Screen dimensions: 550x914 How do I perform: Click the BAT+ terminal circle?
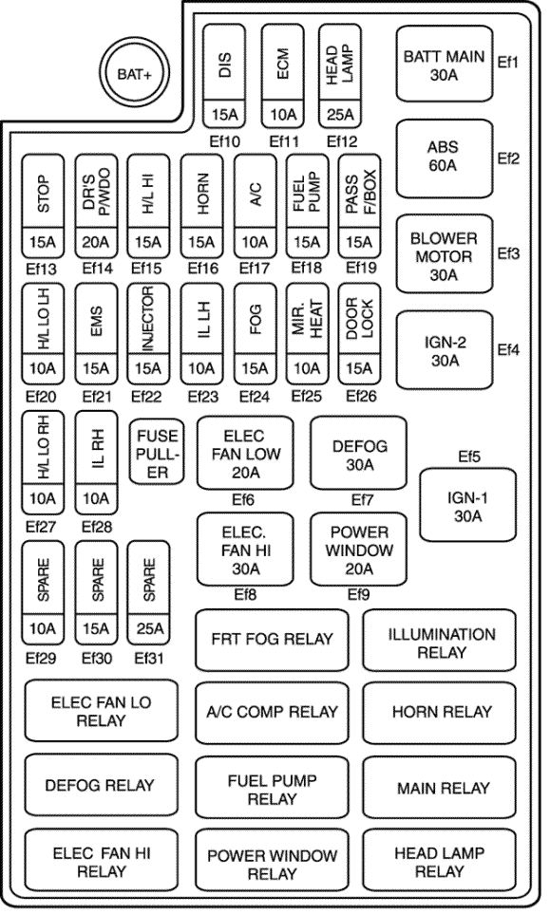(x=134, y=74)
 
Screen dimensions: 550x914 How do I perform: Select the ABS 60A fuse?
(x=445, y=159)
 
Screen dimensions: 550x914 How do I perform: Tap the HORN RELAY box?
(x=440, y=712)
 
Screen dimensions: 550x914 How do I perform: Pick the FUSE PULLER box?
(x=157, y=452)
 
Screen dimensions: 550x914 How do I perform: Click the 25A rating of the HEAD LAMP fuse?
(x=340, y=115)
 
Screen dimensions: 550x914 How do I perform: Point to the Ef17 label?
(x=255, y=269)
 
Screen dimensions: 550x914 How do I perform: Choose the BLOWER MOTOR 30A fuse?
(x=445, y=254)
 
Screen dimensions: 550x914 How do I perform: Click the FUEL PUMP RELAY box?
(x=272, y=789)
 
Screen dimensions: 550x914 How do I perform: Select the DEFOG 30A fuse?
(x=359, y=454)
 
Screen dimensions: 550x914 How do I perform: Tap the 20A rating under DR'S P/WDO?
(x=96, y=242)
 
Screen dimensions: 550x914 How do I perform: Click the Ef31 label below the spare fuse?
(x=149, y=659)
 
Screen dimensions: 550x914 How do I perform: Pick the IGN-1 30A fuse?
(x=467, y=506)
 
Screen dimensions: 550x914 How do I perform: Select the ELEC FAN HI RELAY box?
(x=102, y=862)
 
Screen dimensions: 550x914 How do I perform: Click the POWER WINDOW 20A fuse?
(x=359, y=550)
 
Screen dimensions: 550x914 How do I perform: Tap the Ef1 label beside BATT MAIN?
(x=507, y=62)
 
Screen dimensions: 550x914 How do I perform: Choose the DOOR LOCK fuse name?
(x=359, y=318)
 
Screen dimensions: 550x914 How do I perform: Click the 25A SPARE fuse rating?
(x=149, y=628)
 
